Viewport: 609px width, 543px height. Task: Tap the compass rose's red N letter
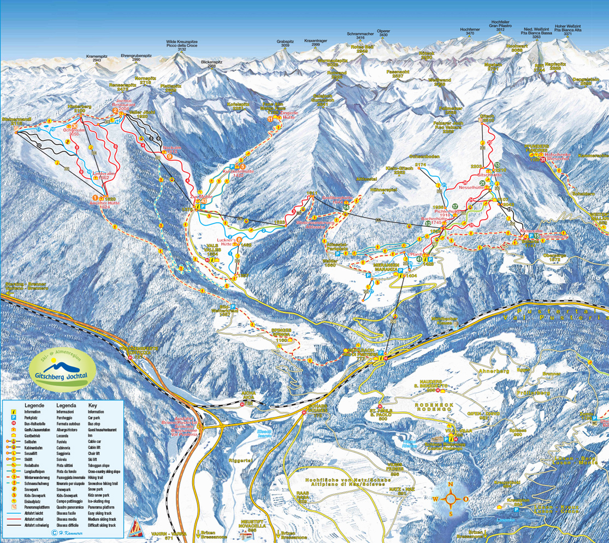tap(451, 484)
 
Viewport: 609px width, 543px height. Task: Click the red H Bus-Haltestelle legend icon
tap(13, 424)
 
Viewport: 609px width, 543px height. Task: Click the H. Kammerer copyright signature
tap(67, 533)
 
